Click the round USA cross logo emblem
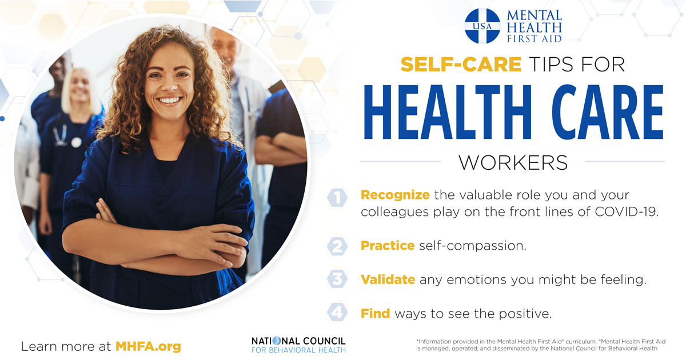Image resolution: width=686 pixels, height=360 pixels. [x=482, y=26]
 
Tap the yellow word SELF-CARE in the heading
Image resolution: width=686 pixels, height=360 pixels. [x=461, y=64]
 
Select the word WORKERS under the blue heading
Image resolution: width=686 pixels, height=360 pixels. [x=513, y=162]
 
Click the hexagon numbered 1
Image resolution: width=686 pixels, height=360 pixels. [x=337, y=198]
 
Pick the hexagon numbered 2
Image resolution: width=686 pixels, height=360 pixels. [x=337, y=246]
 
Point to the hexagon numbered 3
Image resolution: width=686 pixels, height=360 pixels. [x=337, y=279]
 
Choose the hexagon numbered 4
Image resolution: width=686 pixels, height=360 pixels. [x=337, y=313]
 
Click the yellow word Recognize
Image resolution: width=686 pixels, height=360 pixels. [x=395, y=195]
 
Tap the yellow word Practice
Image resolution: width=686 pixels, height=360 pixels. [x=388, y=246]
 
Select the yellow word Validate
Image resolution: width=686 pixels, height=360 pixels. [x=388, y=279]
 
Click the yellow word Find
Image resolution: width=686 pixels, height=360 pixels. [x=376, y=314]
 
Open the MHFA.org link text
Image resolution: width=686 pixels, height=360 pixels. [x=148, y=347]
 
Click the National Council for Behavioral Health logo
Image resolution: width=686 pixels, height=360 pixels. [x=298, y=345]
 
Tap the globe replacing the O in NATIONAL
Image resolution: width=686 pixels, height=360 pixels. [x=277, y=341]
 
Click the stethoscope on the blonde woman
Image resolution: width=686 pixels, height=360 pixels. [x=66, y=135]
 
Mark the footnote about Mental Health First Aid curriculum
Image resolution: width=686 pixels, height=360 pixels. [x=541, y=345]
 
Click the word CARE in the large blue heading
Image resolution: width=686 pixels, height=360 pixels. [x=608, y=112]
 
